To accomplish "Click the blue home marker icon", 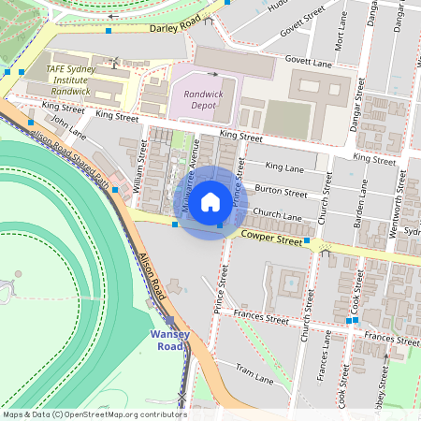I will [210, 202].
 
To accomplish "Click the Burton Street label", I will [281, 192].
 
